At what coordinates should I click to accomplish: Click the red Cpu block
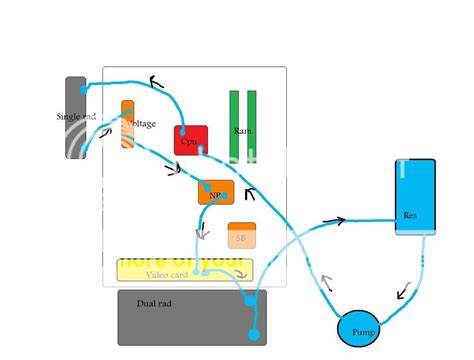[x=191, y=140]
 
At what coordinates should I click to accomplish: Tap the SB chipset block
[x=240, y=236]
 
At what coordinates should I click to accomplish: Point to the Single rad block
[x=76, y=118]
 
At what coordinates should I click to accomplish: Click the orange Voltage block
[x=128, y=124]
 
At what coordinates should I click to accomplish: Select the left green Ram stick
[x=234, y=125]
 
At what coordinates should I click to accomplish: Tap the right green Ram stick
[x=252, y=125]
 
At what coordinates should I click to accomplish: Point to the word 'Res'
[x=409, y=215]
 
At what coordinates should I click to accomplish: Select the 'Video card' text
[x=167, y=274]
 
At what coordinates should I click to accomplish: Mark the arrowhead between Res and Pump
[x=404, y=292]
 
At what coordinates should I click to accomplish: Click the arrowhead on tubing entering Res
[x=339, y=220]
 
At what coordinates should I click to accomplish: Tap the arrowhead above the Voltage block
[x=157, y=82]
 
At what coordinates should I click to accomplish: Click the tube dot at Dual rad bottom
[x=253, y=334]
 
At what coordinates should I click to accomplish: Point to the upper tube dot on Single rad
[x=84, y=90]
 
